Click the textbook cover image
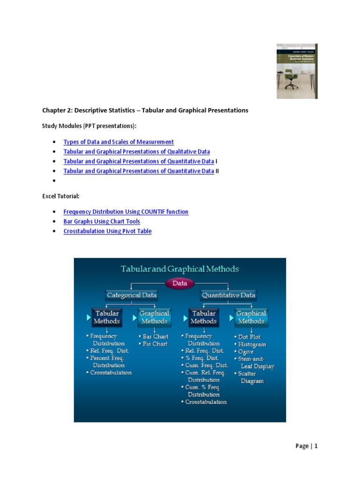297,71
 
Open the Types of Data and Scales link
119,142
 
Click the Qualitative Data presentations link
136,152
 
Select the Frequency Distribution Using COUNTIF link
126,212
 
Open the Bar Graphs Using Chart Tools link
102,222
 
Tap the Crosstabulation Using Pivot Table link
107,232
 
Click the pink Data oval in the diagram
180,283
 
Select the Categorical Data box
132,295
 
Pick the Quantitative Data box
228,295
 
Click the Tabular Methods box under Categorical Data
107,317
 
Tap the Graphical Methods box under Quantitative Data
251,317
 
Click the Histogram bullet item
252,345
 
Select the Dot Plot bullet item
249,337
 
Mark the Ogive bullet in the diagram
247,352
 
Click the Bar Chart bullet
155,337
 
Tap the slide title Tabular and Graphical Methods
180,269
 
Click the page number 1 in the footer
316,446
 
